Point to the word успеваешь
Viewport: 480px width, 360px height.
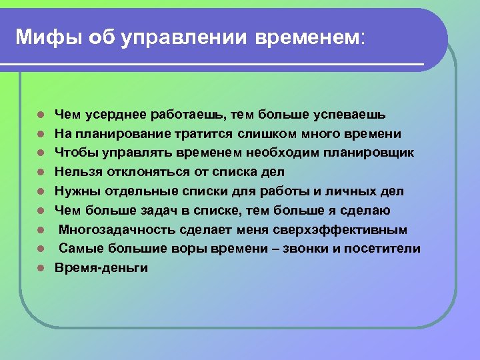click(x=354, y=114)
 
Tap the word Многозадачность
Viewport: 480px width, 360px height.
click(x=116, y=230)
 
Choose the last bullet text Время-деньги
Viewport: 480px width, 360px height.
click(x=101, y=268)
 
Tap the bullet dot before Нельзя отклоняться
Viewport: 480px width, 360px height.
click(x=41, y=173)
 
